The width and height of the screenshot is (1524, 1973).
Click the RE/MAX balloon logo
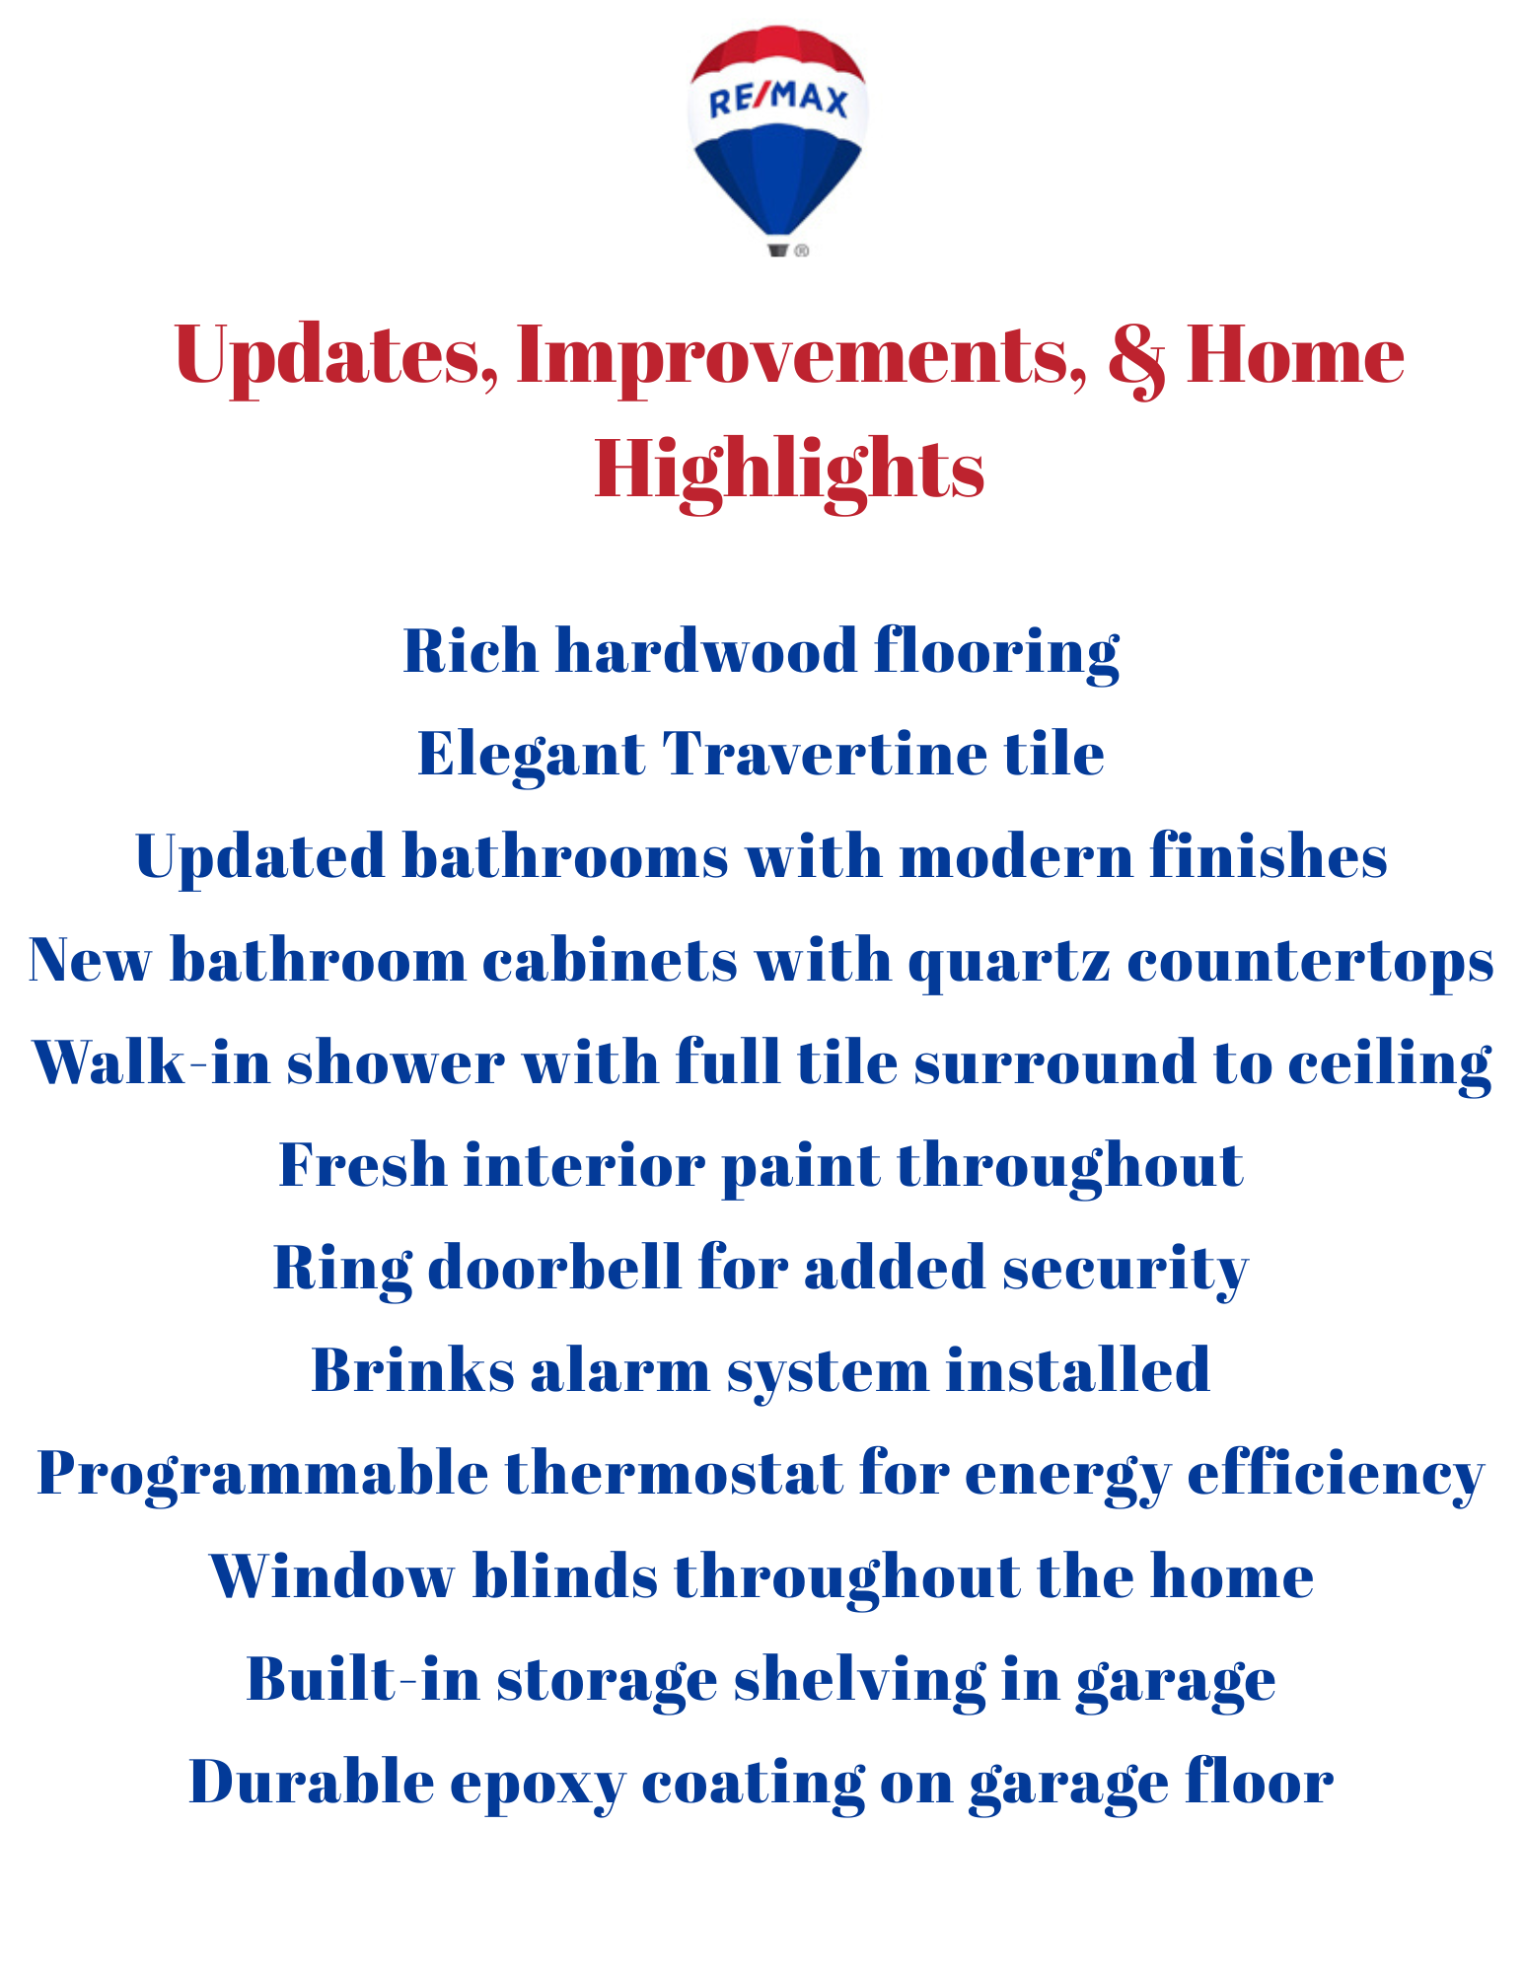click(x=777, y=141)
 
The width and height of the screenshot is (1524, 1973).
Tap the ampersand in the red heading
click(x=1136, y=357)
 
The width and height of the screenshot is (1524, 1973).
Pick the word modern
click(x=1016, y=855)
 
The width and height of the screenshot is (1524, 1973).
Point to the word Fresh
click(x=363, y=1165)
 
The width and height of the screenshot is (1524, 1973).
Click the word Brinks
click(x=412, y=1370)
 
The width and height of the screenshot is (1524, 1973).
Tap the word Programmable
click(x=262, y=1476)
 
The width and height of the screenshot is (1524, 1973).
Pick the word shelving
click(x=859, y=1682)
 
